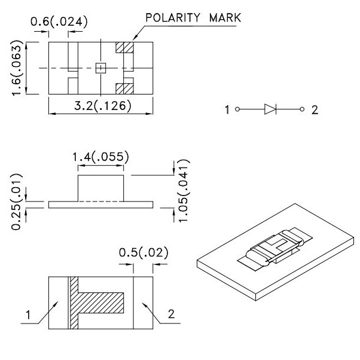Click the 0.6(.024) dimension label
tap(59, 22)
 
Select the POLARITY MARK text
tap(192, 18)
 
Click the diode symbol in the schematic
tap(270, 109)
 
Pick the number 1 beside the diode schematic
tap(227, 110)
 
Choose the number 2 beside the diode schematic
tap(315, 110)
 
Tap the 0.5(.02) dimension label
tap(143, 252)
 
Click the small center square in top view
tap(101, 68)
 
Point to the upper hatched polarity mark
tap(124, 47)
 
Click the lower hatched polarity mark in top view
tap(124, 89)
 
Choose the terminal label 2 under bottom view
tap(172, 313)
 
